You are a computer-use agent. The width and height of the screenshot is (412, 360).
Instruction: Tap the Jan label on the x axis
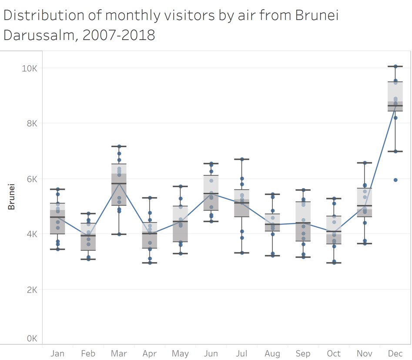click(x=57, y=353)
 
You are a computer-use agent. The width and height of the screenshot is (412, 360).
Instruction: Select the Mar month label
click(x=119, y=353)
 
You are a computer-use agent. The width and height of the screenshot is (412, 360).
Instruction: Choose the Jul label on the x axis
click(x=242, y=353)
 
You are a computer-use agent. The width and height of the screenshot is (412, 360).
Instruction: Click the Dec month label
click(x=395, y=353)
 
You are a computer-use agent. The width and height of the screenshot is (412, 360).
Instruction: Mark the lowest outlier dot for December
click(x=395, y=180)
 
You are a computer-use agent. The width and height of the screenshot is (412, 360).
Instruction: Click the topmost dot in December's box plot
click(x=395, y=66)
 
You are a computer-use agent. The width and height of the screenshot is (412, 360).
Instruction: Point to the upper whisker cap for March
click(x=119, y=146)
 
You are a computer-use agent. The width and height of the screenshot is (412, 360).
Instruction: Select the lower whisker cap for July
click(x=242, y=252)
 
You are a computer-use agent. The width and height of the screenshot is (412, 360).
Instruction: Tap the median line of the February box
click(x=88, y=236)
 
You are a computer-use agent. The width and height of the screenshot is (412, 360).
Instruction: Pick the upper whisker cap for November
click(x=365, y=162)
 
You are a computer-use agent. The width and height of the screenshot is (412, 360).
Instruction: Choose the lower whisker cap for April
click(x=150, y=262)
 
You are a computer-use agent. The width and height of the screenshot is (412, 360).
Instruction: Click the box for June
click(x=211, y=193)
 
